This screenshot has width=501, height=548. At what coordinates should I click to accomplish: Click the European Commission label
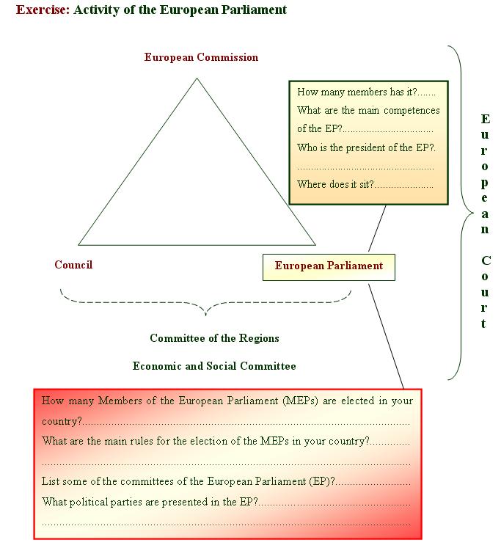point(201,57)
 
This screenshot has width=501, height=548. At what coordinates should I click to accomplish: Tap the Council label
point(73,265)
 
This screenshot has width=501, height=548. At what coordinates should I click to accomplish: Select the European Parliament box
point(329,266)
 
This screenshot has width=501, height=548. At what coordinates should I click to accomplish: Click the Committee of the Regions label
point(214,338)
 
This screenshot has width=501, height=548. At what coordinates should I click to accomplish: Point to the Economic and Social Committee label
point(214,365)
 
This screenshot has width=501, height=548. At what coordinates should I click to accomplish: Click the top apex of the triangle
point(197,78)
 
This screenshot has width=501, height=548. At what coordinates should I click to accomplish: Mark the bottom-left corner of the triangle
point(78,244)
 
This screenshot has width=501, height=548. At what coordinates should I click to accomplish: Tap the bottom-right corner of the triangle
point(315,244)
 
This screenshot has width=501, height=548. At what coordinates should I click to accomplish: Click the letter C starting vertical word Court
point(486,261)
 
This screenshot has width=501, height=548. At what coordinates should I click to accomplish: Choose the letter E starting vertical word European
point(485,119)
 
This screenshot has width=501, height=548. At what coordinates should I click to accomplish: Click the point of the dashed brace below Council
point(205,314)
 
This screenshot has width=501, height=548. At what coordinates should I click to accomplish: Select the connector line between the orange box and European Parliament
point(377,229)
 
